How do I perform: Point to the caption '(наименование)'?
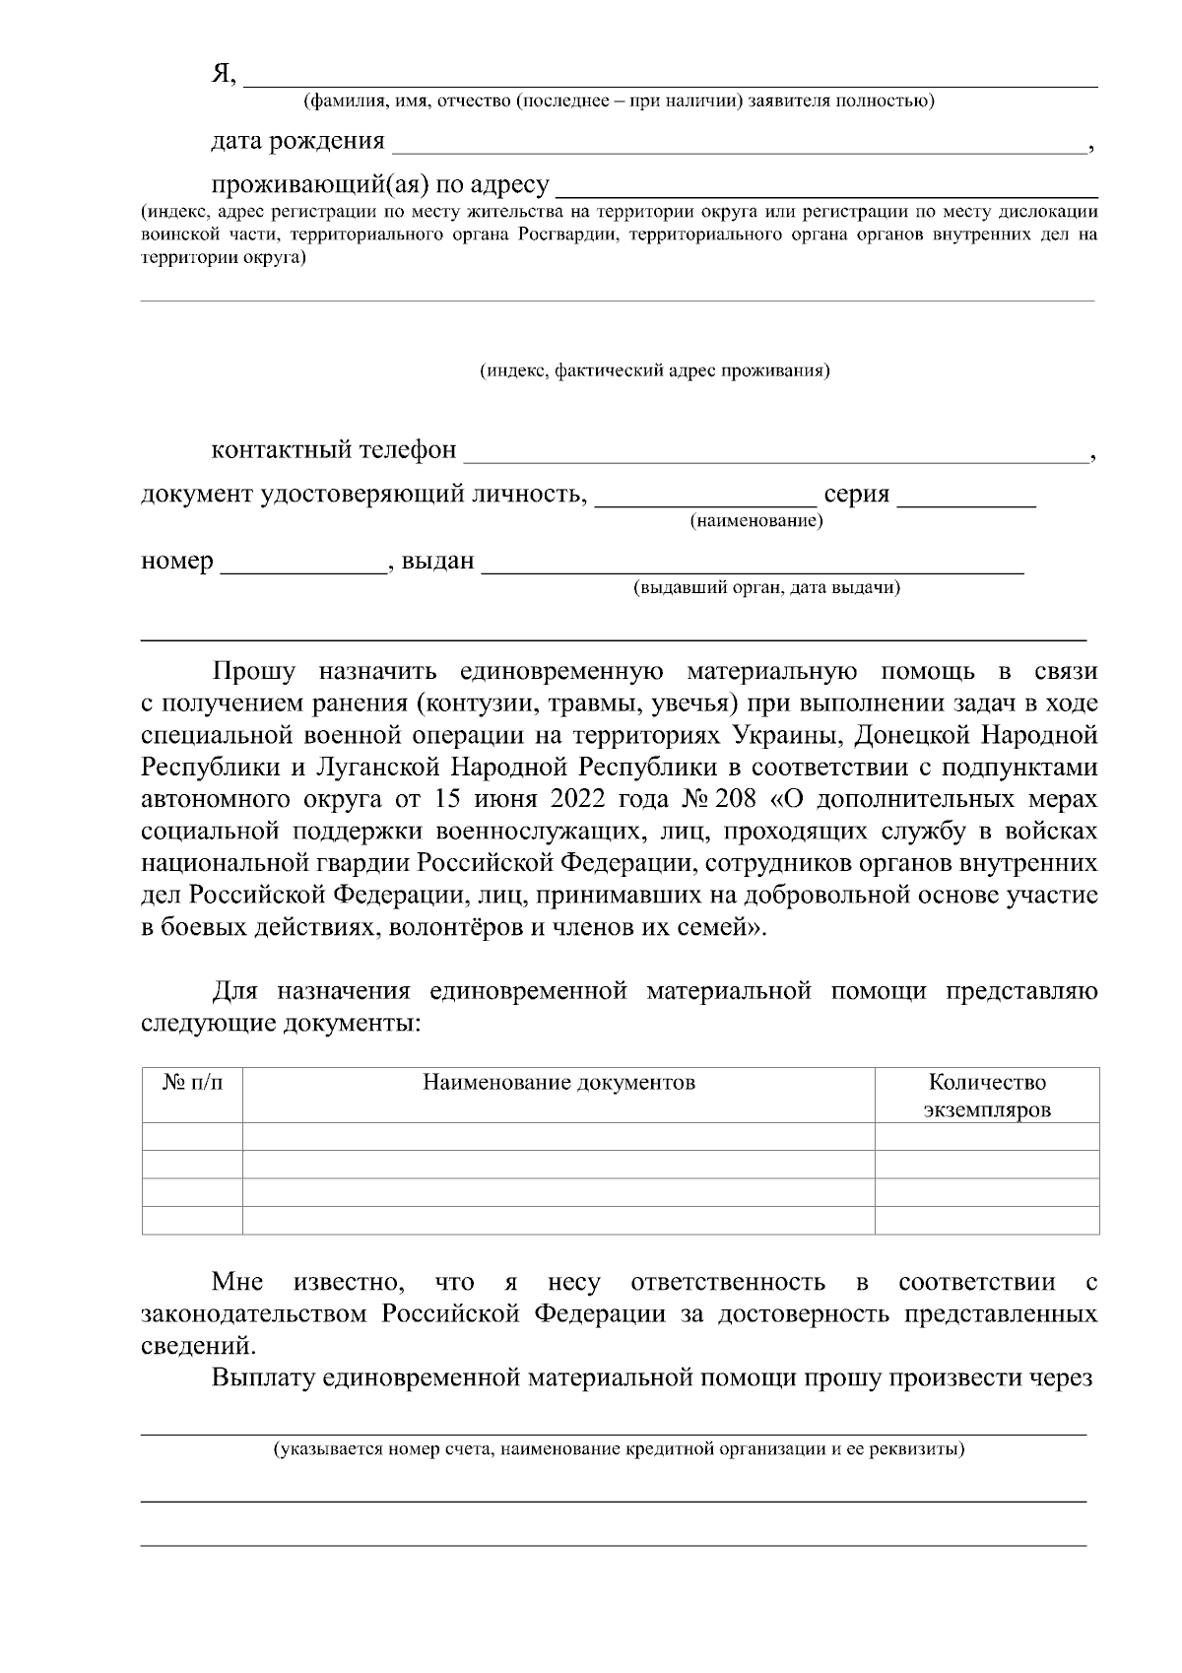pos(756,520)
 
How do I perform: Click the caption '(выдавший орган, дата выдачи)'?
pos(766,588)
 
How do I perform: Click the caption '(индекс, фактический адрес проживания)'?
pos(654,371)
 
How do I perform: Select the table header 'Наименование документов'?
pos(558,1083)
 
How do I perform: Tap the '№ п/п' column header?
pos(192,1083)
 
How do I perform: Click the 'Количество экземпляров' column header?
pos(987,1096)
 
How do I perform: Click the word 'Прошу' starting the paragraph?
pos(254,672)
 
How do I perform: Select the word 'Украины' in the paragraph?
pos(784,735)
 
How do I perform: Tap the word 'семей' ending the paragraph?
pos(717,928)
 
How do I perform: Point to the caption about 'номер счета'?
pos(619,1449)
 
